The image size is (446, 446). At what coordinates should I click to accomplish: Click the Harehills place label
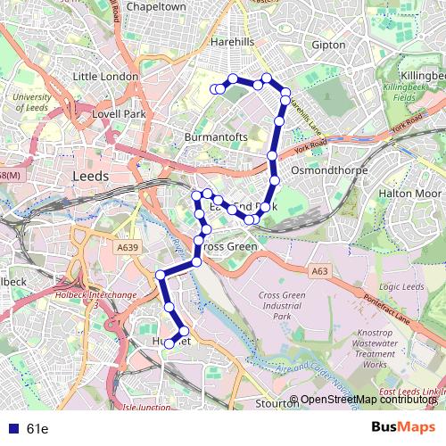(233, 42)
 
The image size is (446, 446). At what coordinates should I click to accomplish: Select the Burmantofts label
(214, 137)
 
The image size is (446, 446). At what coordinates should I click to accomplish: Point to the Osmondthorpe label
(326, 168)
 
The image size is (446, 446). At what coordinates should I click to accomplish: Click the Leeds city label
(89, 177)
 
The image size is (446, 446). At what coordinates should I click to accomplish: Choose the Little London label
(105, 77)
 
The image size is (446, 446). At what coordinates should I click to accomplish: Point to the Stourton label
(273, 402)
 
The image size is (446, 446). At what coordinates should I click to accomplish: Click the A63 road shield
(320, 271)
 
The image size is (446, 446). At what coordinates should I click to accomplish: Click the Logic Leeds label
(401, 286)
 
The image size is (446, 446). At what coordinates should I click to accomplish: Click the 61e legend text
(37, 429)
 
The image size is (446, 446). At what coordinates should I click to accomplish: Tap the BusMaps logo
(403, 428)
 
